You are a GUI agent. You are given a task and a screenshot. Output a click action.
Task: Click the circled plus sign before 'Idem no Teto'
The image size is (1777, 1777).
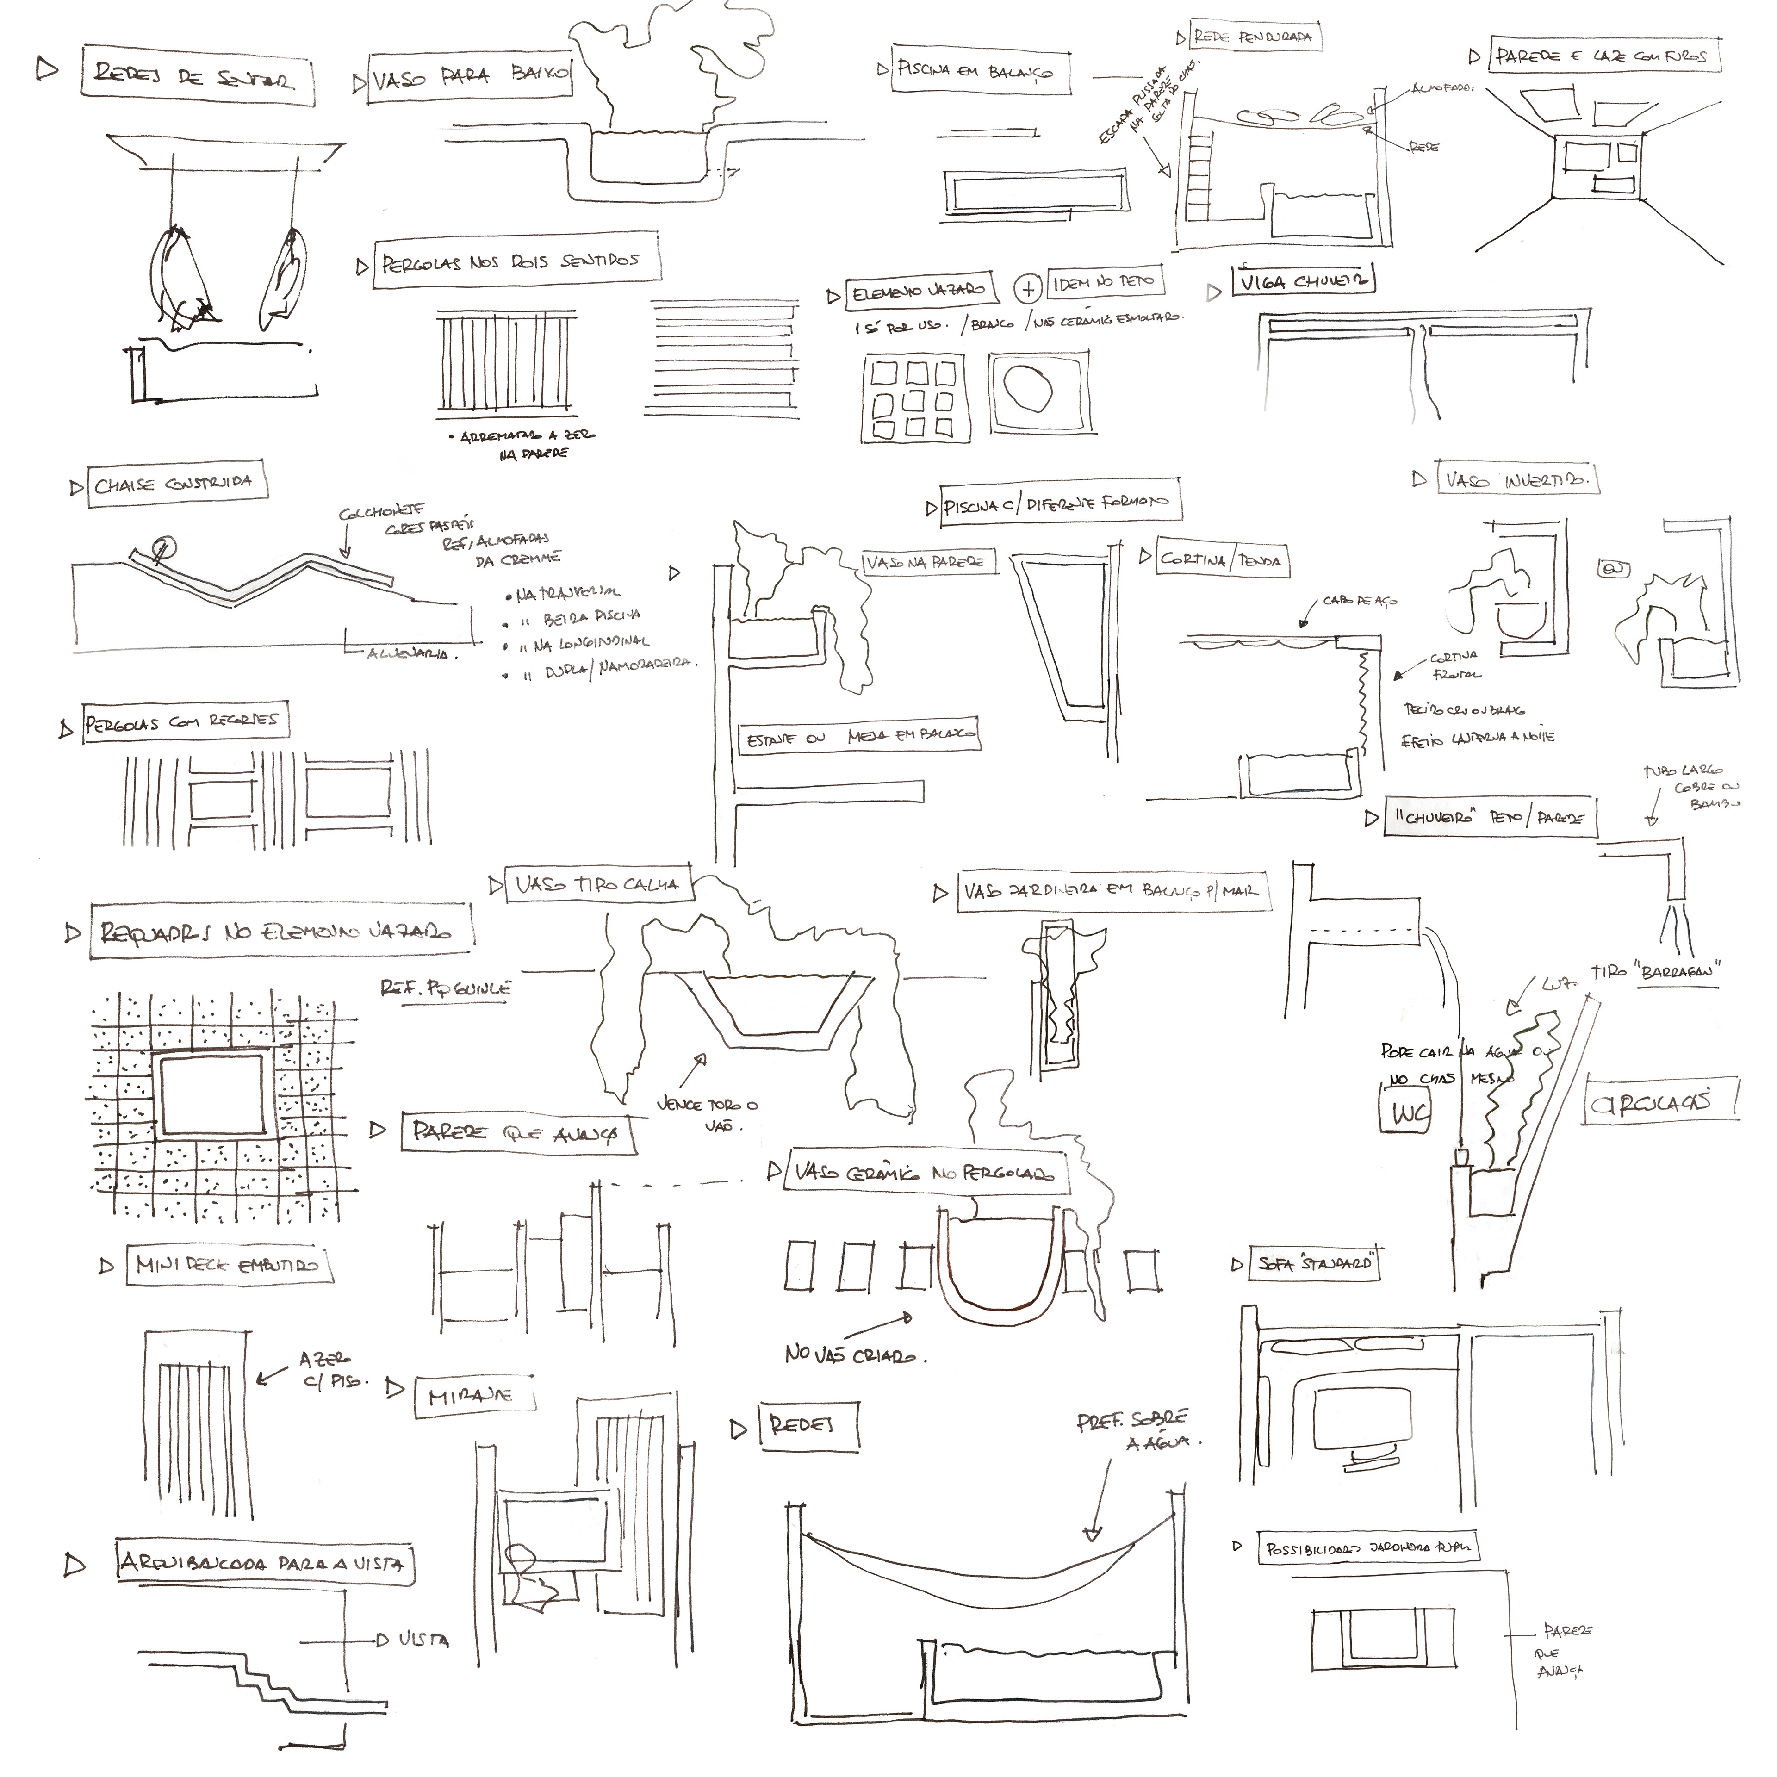tap(1027, 288)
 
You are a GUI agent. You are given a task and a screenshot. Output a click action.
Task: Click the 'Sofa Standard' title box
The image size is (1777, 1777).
tap(1315, 1264)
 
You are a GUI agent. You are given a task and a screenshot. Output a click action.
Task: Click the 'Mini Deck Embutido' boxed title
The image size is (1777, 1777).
tap(226, 1266)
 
